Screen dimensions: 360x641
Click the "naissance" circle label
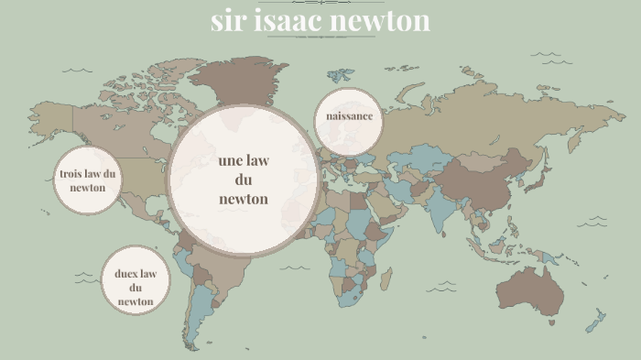(349, 116)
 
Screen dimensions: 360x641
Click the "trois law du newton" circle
(88, 180)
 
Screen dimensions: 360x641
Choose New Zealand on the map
(596, 321)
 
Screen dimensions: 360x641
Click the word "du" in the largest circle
(244, 180)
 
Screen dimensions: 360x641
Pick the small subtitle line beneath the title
(320, 38)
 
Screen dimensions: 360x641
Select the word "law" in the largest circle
(258, 161)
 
